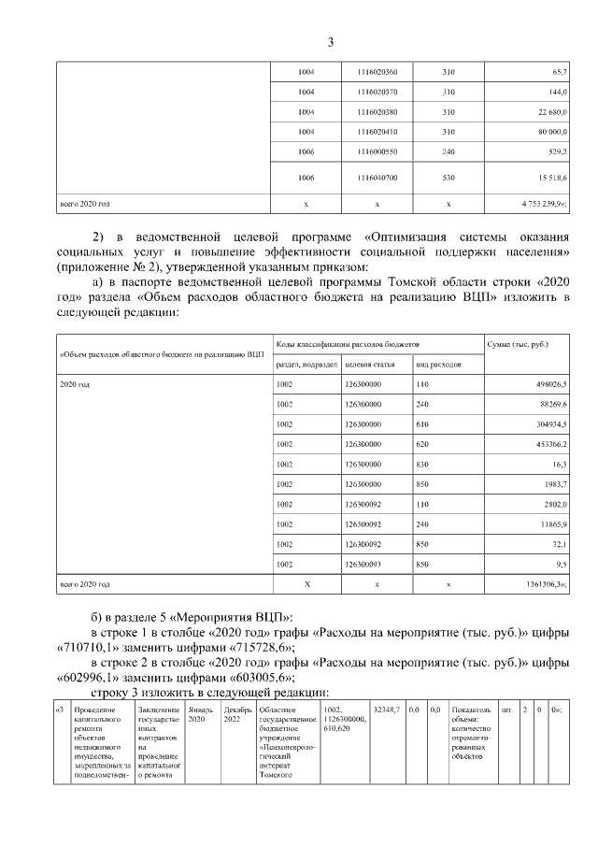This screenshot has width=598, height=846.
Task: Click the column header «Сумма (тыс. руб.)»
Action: point(518,345)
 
